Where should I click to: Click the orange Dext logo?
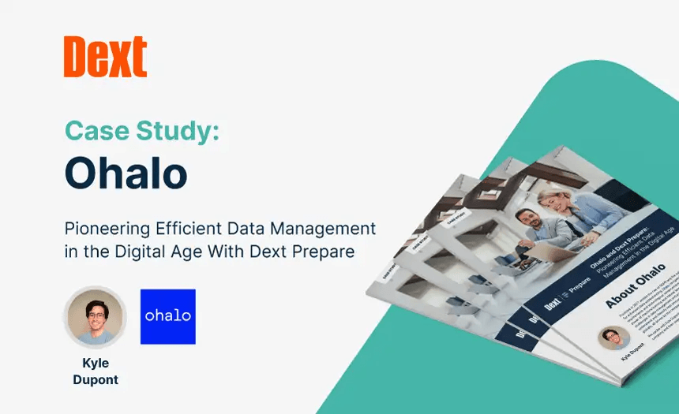(105, 57)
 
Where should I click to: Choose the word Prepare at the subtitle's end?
(325, 252)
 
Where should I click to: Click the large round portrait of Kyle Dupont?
(96, 316)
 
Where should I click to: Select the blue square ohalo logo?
(167, 316)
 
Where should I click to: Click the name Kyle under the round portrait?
(96, 364)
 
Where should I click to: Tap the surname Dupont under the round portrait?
(96, 379)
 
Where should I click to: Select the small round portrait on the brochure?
(613, 338)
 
